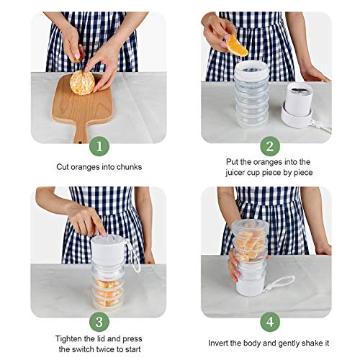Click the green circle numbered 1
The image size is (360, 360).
point(99,146)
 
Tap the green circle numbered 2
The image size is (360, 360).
point(270,146)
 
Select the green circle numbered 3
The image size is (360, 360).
point(99,322)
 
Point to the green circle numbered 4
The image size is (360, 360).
point(270,322)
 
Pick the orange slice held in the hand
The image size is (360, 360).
point(236,45)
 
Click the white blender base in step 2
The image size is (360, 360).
point(297,105)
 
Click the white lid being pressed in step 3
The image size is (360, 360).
point(108,248)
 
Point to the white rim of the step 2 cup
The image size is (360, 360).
point(251,69)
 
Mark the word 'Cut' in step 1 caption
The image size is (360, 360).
point(62,167)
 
